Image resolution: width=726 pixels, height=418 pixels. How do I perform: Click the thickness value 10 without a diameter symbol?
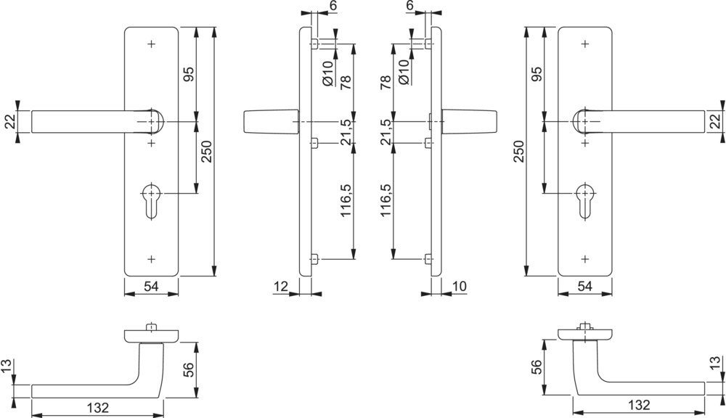pyautogui.click(x=458, y=287)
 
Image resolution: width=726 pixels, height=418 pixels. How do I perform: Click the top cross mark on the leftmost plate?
pyautogui.click(x=151, y=44)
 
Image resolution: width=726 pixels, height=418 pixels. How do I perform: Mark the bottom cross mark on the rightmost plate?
pyautogui.click(x=585, y=259)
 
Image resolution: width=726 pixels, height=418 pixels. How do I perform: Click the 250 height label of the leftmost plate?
pyautogui.click(x=205, y=152)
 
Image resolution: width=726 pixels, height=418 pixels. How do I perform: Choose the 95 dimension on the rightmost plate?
pyautogui.click(x=538, y=75)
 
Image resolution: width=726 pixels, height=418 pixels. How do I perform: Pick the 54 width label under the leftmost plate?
pyautogui.click(x=151, y=287)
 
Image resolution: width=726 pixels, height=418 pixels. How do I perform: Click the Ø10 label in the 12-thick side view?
pyautogui.click(x=328, y=73)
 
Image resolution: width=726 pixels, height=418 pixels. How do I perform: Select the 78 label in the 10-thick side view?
pyautogui.click(x=386, y=81)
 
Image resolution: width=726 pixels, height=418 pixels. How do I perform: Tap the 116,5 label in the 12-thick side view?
pyautogui.click(x=346, y=201)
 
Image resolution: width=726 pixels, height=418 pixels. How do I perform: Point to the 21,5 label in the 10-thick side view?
pyautogui.click(x=386, y=133)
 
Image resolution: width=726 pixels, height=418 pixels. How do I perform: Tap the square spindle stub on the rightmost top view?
pyautogui.click(x=585, y=327)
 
